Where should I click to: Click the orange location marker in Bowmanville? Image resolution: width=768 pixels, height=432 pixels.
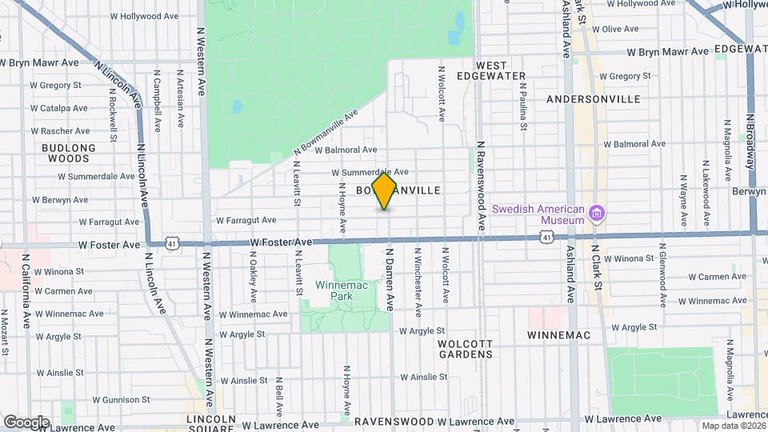[385, 190]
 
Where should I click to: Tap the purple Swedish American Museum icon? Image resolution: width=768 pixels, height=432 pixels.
[596, 214]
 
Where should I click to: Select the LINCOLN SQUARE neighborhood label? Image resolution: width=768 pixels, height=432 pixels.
[210, 424]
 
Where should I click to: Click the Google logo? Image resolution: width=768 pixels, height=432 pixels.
[26, 422]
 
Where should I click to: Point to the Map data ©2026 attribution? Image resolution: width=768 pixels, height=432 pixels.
[734, 426]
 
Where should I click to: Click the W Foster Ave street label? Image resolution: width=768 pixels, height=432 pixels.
[280, 242]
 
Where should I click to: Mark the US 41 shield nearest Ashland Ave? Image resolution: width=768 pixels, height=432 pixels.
[546, 237]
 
